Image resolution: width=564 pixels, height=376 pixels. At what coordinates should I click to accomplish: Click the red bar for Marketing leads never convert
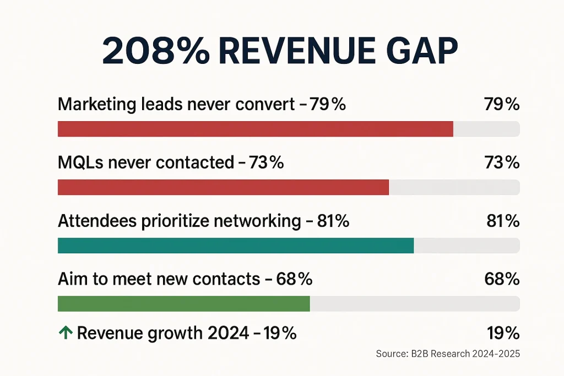(255, 129)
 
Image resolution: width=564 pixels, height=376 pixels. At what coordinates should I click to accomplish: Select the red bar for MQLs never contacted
(223, 187)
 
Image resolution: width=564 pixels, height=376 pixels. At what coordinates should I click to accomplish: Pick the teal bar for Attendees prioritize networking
(235, 246)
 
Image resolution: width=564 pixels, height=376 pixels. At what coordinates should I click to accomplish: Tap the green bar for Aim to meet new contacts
(183, 304)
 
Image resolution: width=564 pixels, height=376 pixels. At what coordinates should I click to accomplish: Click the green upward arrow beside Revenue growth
(65, 333)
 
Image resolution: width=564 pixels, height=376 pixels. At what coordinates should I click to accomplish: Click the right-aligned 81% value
(503, 221)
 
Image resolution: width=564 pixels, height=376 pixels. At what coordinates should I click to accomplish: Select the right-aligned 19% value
(503, 333)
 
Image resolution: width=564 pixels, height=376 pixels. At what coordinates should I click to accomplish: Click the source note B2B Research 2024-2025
(448, 353)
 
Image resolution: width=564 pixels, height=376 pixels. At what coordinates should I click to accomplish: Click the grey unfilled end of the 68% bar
(414, 304)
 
